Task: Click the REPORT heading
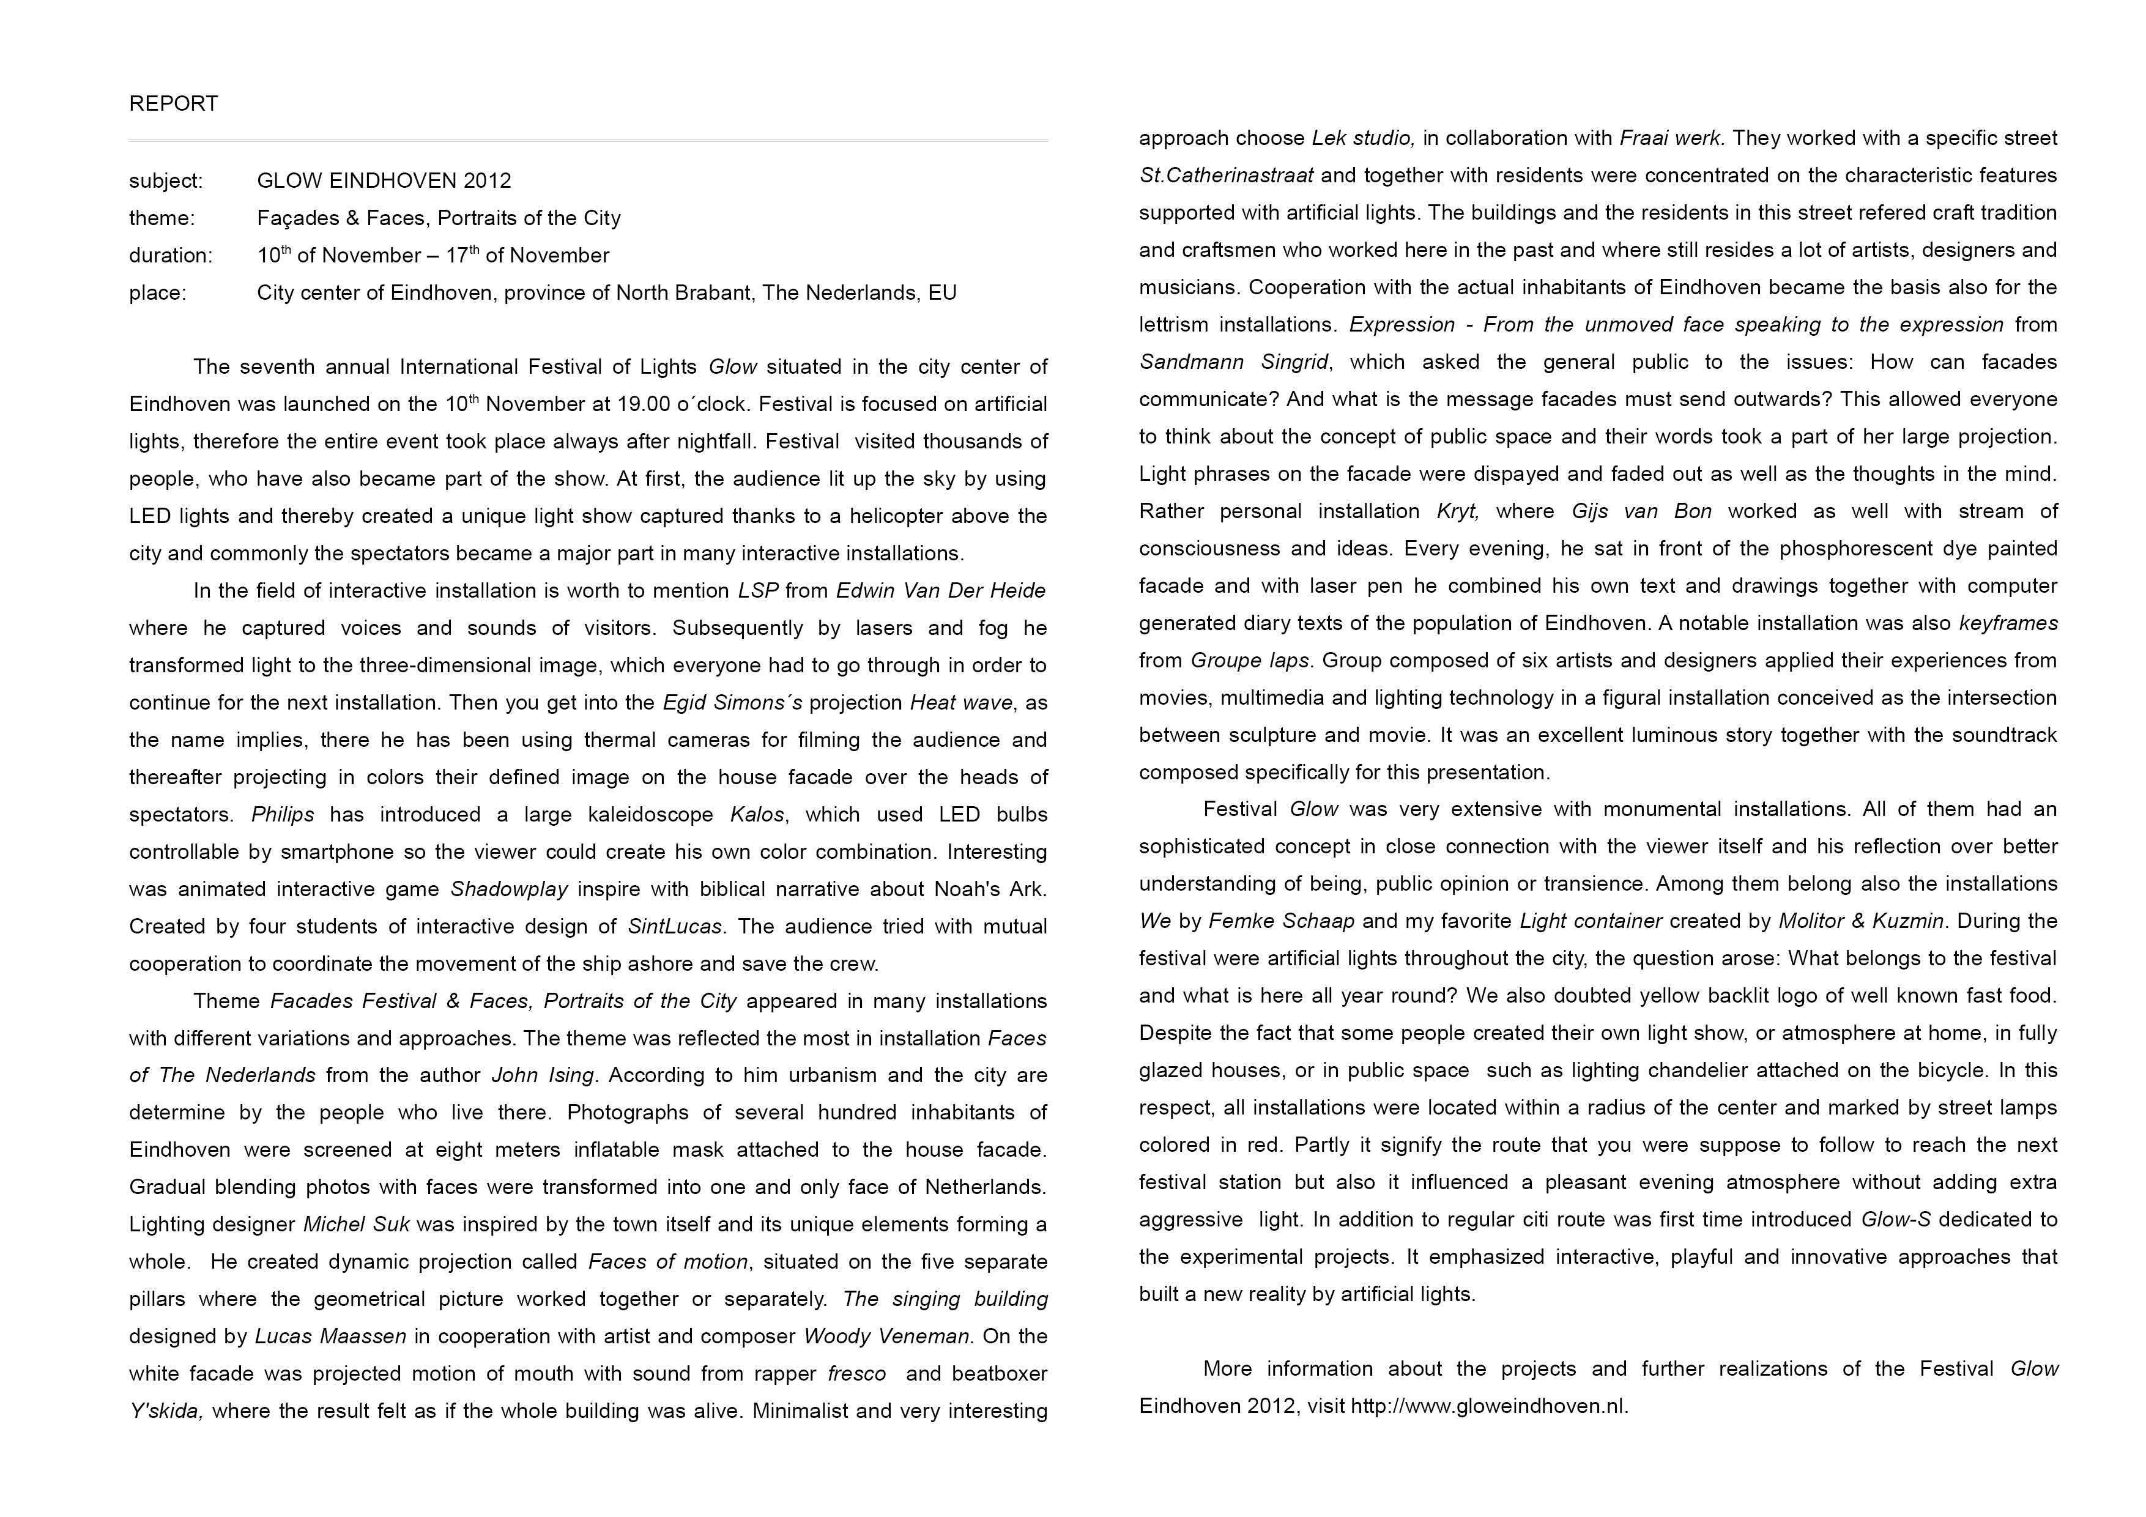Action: (173, 104)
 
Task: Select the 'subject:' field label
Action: (165, 180)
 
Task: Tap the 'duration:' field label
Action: (171, 255)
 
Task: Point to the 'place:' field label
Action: (158, 292)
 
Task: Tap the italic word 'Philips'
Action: (282, 815)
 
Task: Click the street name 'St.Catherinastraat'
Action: (1225, 176)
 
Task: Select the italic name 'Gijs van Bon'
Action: (1641, 511)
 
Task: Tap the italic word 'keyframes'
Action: (2008, 623)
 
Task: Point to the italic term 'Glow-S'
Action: (1896, 1220)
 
